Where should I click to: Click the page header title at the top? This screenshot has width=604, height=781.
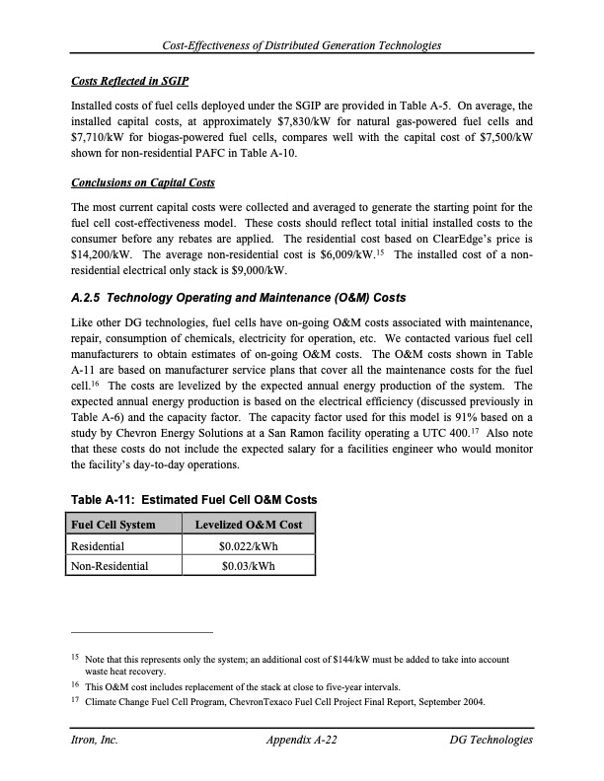(301, 46)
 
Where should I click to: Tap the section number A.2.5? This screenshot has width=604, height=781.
(92, 298)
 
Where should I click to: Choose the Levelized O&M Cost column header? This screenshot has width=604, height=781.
(249, 524)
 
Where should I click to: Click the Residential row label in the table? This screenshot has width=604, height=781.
(97, 545)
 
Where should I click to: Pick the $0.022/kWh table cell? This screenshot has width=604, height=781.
(249, 545)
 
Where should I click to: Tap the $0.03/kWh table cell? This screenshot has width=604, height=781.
(249, 566)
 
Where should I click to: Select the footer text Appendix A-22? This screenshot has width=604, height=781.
(302, 740)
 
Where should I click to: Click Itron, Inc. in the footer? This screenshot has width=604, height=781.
(95, 740)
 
